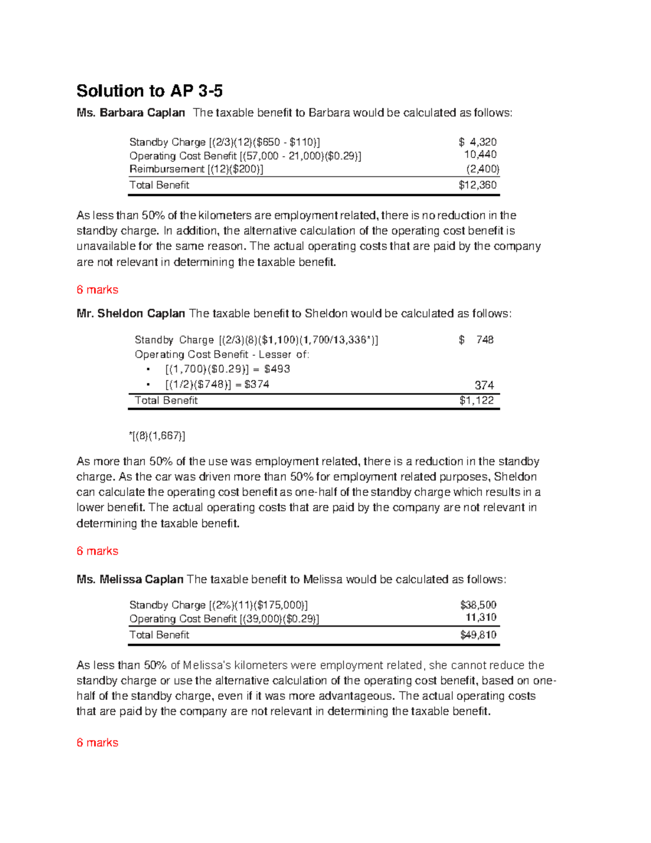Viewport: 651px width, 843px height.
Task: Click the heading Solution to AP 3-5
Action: click(149, 91)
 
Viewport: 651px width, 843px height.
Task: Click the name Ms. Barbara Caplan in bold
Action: click(130, 113)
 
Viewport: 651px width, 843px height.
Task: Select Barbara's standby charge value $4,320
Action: click(477, 142)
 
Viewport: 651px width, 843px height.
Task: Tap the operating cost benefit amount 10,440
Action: click(480, 155)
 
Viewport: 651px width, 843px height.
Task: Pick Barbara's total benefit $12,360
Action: click(477, 185)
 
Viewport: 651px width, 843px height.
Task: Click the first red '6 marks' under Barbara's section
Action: click(97, 290)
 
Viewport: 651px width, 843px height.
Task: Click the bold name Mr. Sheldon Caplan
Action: click(131, 314)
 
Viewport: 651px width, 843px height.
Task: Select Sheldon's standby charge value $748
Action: click(476, 340)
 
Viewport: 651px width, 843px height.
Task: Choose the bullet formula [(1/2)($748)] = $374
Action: click(217, 384)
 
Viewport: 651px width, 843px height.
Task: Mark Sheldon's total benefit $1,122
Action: click(476, 401)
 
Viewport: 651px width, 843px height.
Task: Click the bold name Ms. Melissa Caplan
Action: click(130, 580)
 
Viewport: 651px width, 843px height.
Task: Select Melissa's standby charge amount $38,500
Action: click(478, 605)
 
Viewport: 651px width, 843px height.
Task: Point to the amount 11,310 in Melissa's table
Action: click(481, 618)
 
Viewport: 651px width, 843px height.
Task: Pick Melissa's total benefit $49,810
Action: click(478, 635)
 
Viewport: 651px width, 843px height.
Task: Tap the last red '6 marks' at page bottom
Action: click(97, 743)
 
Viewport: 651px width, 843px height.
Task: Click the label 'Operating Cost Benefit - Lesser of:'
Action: click(222, 354)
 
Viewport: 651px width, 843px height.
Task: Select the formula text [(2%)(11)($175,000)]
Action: click(258, 605)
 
